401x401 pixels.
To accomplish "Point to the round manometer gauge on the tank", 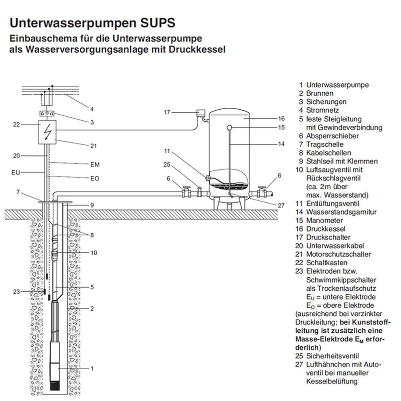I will [x=230, y=127].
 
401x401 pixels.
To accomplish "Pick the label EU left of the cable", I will [x=16, y=172].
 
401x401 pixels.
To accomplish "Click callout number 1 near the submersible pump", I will [x=92, y=368].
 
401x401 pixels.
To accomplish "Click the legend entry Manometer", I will [x=325, y=221].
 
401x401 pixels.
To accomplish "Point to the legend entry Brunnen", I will [x=320, y=93].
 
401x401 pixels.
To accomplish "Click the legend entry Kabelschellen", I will [x=329, y=152].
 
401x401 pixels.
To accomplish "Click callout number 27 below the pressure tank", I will [x=281, y=205].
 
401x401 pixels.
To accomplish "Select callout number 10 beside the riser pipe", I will [x=94, y=253].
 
